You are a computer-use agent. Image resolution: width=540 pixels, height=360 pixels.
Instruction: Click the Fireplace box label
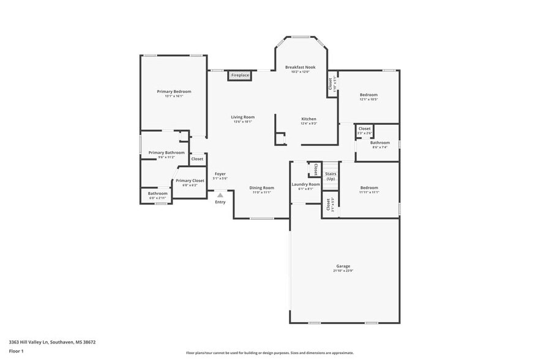point(240,75)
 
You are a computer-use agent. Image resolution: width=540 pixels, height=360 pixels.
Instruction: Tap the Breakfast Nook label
point(301,67)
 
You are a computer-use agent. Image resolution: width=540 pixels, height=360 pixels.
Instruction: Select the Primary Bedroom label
point(174,91)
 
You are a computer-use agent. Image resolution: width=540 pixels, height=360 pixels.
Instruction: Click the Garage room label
point(343,266)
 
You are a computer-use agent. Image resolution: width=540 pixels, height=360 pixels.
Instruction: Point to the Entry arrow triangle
point(220,195)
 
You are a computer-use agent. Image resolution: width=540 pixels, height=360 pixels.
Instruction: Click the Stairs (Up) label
point(331,176)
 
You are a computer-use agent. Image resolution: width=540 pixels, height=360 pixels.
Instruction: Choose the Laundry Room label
point(306,184)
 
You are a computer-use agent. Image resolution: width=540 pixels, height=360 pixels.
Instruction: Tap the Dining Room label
point(261,188)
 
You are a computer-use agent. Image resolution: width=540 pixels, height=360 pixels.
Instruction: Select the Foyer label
point(220,174)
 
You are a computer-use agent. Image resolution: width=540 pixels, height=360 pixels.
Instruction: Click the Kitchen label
point(309,119)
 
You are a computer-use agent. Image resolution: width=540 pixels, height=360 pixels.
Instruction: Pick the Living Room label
point(242,117)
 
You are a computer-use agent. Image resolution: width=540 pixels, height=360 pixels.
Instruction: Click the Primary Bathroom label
point(167,152)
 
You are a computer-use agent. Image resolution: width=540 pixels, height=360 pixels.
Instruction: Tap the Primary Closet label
point(190,181)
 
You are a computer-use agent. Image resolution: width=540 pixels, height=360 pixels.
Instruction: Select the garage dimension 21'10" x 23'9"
point(343,271)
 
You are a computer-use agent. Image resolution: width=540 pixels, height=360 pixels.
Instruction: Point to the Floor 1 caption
point(16,351)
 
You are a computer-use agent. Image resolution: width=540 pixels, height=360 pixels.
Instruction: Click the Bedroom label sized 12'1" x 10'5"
point(369,95)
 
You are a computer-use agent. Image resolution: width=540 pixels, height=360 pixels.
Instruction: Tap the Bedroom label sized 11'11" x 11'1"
point(369,188)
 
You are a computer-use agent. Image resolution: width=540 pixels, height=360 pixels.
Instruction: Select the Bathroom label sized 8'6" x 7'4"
point(380,143)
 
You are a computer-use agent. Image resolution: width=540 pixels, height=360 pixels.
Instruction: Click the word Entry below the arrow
point(220,202)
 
